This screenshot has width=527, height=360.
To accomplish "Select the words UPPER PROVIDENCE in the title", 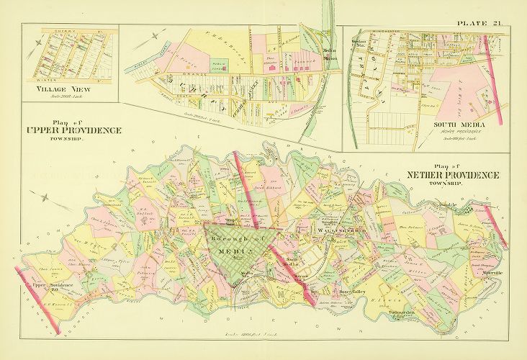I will pyautogui.click(x=73, y=130).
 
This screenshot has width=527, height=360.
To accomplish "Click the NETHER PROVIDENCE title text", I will pyautogui.click(x=452, y=176).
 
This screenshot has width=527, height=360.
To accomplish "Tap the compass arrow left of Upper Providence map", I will pyautogui.click(x=45, y=197).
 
